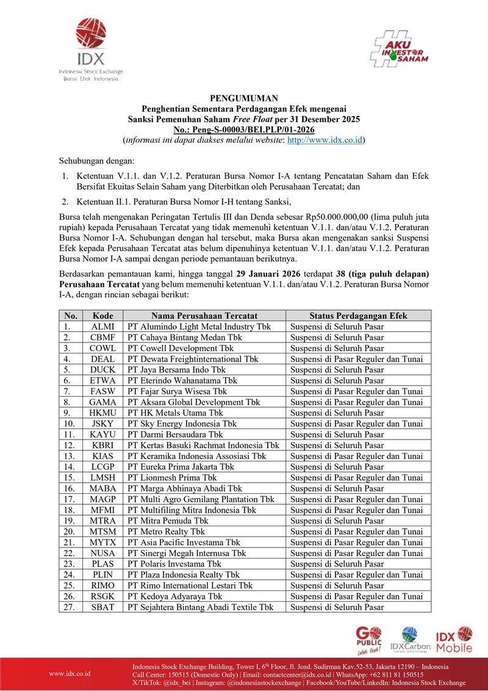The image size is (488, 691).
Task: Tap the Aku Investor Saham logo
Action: click(400, 48)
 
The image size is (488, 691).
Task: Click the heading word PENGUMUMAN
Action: click(244, 98)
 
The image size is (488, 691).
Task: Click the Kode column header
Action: click(102, 316)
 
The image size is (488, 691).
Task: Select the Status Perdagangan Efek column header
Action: click(358, 316)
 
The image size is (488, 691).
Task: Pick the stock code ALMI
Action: click(102, 327)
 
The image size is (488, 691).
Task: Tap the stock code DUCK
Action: click(102, 369)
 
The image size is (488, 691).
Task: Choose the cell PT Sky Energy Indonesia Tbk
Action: click(182, 424)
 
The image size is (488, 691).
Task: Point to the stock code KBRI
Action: click(102, 445)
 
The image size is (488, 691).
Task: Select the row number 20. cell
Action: click(71, 532)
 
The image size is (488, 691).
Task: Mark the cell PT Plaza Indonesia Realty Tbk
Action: click(183, 574)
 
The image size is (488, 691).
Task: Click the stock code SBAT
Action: click(102, 607)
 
